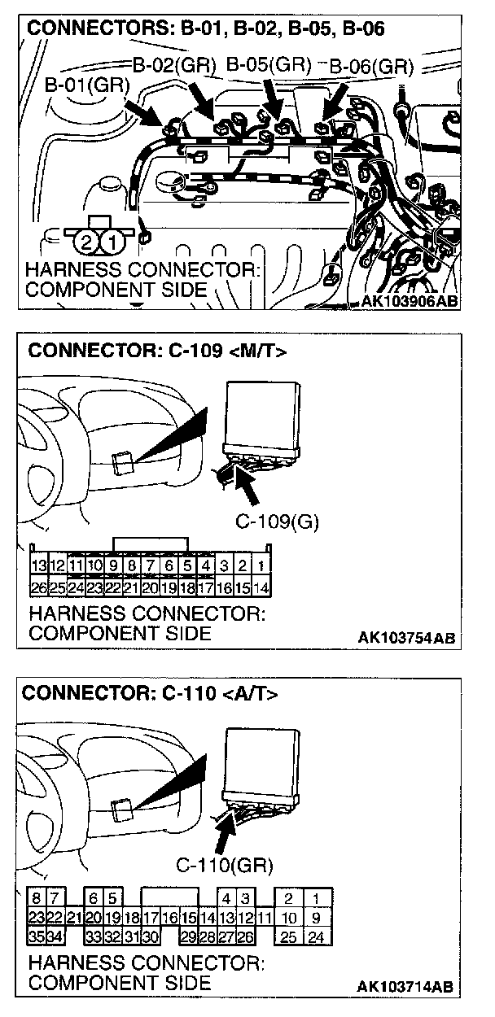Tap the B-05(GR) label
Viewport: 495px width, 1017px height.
268,64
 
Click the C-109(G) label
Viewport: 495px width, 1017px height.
277,522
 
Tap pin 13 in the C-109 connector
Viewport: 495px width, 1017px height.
37,565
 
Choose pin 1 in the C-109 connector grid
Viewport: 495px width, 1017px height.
261,565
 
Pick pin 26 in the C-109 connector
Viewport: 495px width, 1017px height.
37,587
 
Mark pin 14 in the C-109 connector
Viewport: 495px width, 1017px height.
261,587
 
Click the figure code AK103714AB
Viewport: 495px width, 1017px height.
405,987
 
